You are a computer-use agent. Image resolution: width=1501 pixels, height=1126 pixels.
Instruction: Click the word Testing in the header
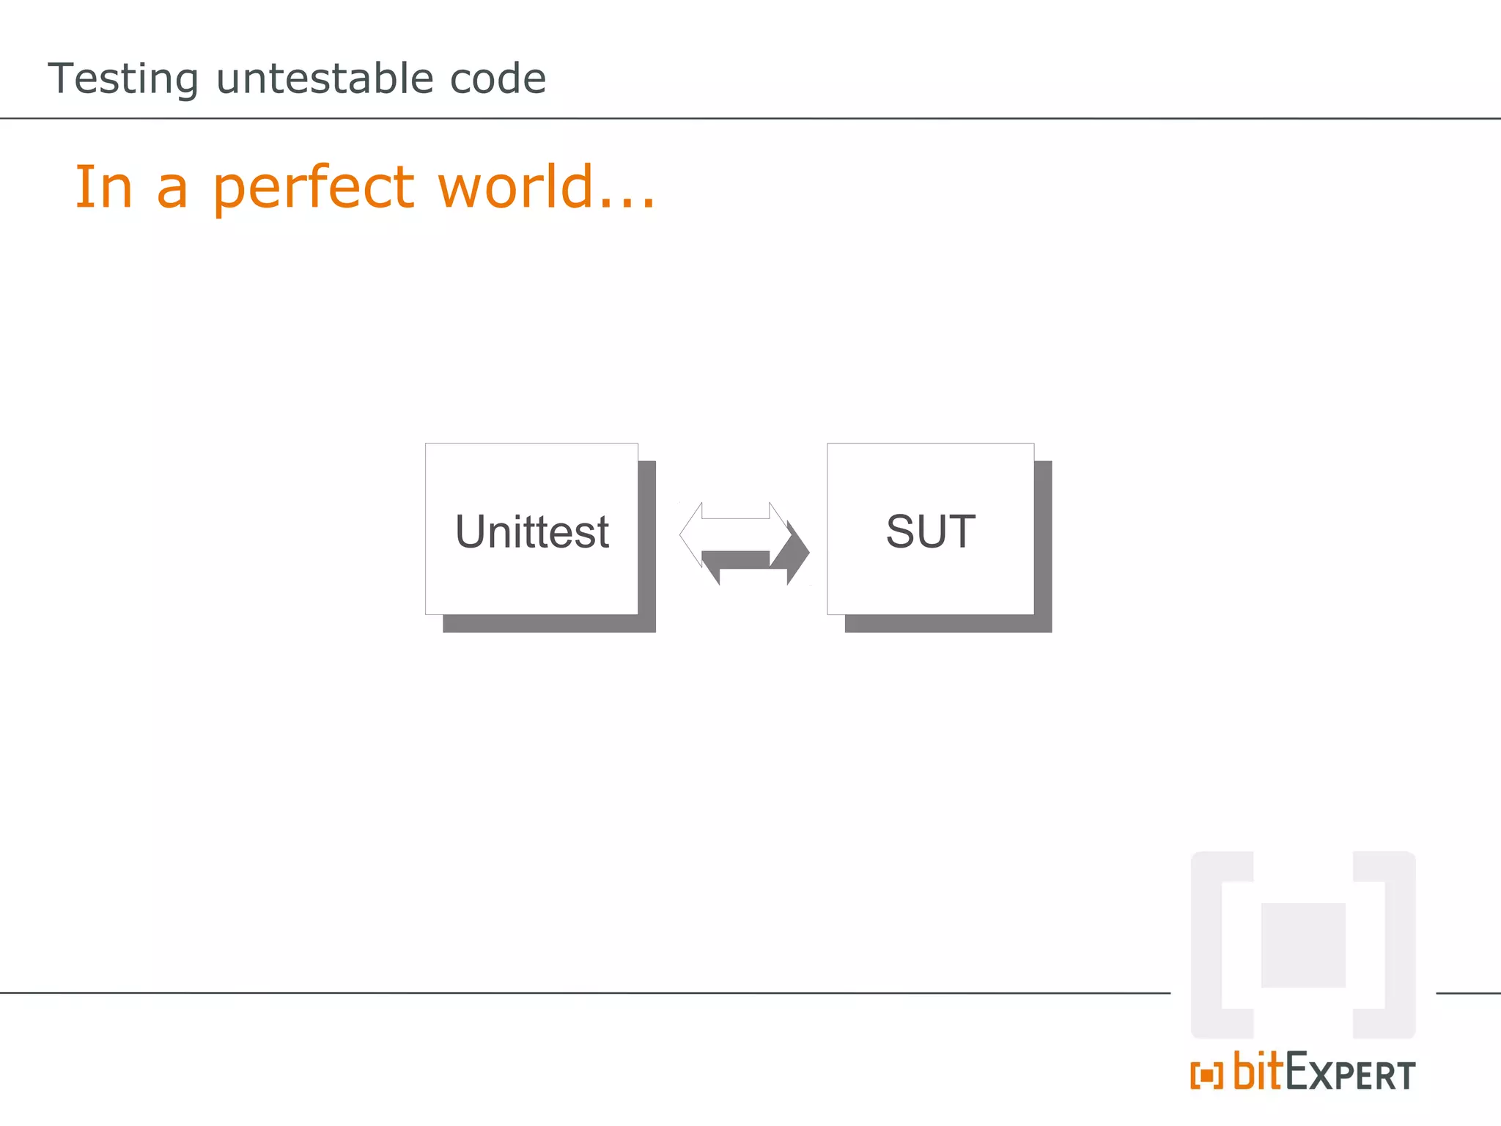click(123, 79)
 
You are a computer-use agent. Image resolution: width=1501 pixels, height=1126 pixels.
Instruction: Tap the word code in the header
click(498, 78)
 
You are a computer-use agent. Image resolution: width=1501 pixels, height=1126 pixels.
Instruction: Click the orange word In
click(103, 187)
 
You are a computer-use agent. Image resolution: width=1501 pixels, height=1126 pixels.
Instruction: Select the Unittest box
click(531, 529)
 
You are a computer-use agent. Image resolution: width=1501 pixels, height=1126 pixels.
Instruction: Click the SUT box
click(930, 529)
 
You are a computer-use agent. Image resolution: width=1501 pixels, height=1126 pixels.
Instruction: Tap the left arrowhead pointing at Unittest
click(691, 535)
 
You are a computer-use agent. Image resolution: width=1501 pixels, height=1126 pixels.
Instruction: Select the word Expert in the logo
click(1350, 1075)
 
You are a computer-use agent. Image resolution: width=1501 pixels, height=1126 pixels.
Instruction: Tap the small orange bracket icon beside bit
click(1206, 1075)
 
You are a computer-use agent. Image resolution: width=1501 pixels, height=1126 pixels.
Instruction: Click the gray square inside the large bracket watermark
click(1302, 945)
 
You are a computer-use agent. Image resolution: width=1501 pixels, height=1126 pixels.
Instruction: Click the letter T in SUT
click(961, 531)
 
